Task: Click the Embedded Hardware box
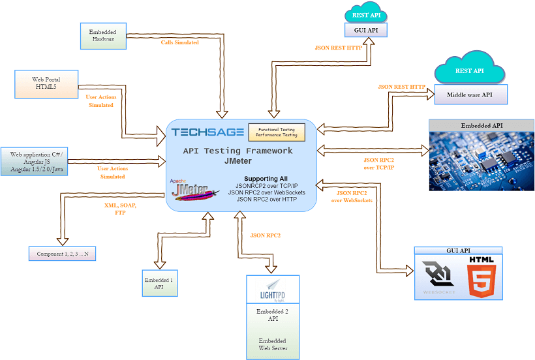pyautogui.click(x=103, y=35)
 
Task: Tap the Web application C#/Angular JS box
pyautogui.click(x=38, y=162)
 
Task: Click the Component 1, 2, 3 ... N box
pyautogui.click(x=62, y=253)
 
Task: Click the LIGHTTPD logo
pyautogui.click(x=273, y=290)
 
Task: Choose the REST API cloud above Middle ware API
pyautogui.click(x=469, y=70)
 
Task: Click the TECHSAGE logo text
pyautogui.click(x=208, y=132)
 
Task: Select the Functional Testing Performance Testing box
pyautogui.click(x=277, y=132)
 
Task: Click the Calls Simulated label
pyautogui.click(x=180, y=42)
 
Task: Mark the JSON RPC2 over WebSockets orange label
pyautogui.click(x=352, y=196)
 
